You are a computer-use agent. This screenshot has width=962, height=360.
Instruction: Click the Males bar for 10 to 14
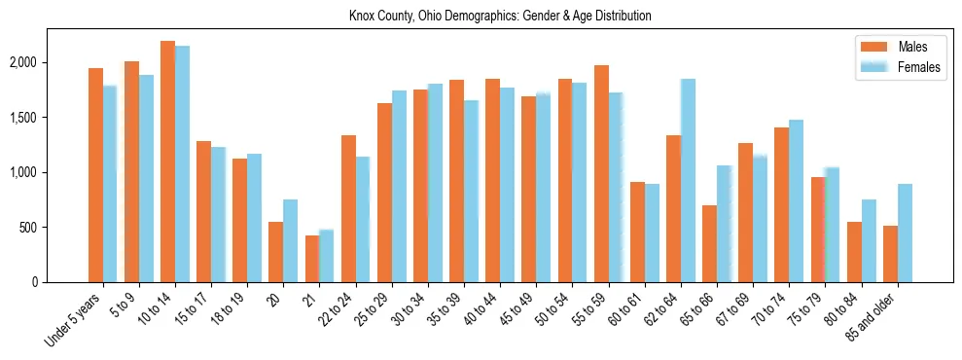pos(167,162)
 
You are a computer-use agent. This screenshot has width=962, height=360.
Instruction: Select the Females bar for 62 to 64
pos(688,181)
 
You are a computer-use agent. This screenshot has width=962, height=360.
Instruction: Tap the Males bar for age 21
pos(312,259)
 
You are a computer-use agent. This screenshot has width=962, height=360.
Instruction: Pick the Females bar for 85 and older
pos(905,234)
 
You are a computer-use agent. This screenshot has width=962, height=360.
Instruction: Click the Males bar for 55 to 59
pos(601,174)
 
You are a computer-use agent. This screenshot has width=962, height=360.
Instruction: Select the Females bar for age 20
pos(290,241)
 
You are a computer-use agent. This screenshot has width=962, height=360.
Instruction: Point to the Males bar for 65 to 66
pos(709,244)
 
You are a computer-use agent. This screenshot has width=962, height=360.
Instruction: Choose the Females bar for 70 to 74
pos(796,201)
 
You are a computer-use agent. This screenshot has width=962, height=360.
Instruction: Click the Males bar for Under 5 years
pos(95,175)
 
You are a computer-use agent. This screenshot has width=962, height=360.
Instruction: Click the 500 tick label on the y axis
pos(56,228)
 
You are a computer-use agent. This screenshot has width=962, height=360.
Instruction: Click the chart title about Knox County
pos(500,17)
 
